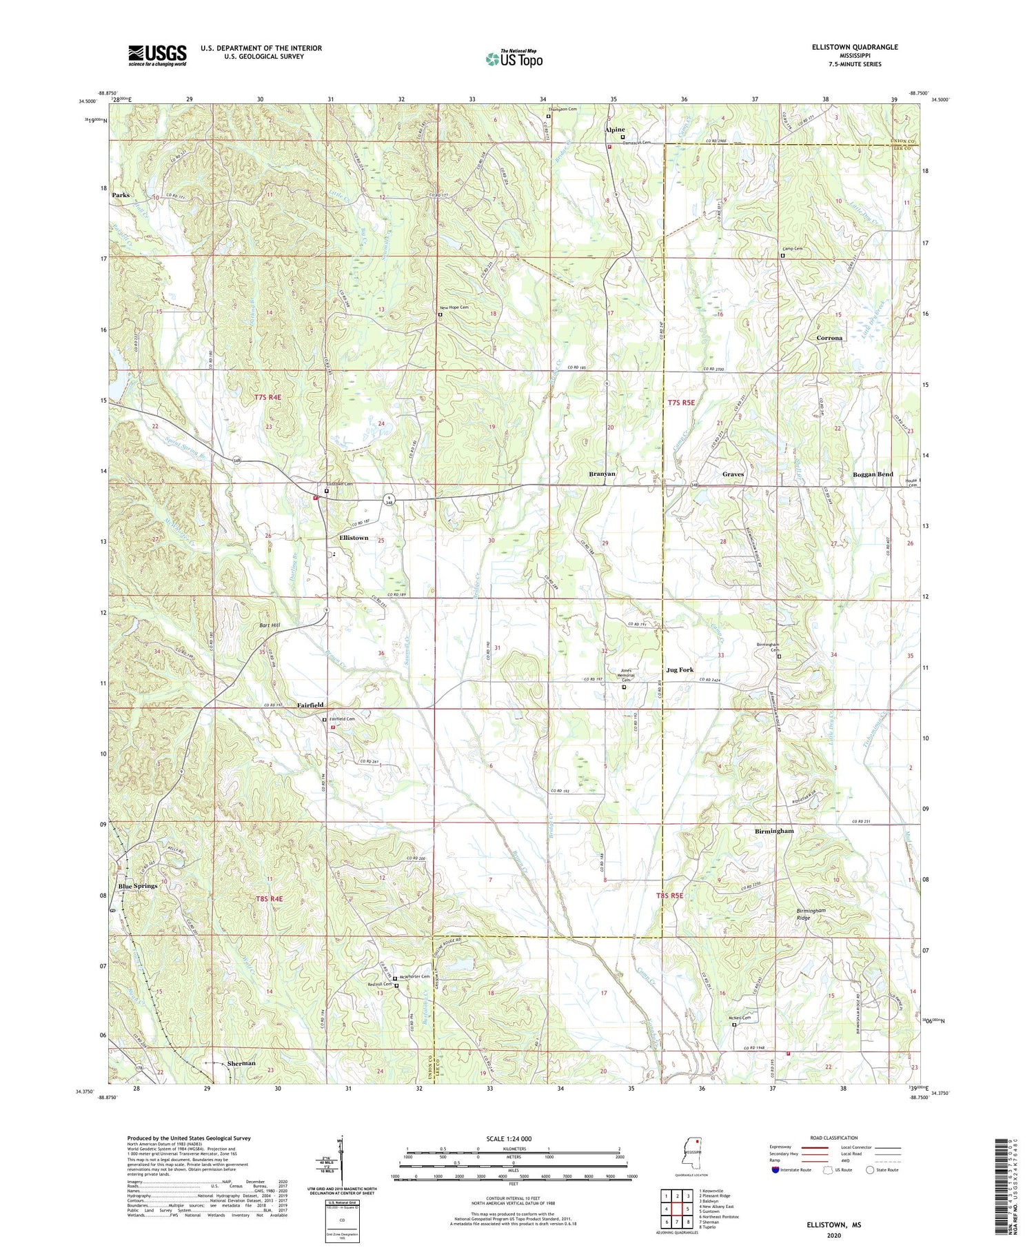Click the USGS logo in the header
[157, 55]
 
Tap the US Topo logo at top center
[514, 59]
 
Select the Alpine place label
[614, 130]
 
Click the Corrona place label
[829, 338]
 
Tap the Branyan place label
[602, 474]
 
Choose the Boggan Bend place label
[873, 474]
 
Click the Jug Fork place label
[680, 669]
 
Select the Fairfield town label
[310, 705]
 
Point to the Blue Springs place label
[138, 886]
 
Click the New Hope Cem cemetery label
[454, 308]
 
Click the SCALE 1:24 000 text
[513, 1138]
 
